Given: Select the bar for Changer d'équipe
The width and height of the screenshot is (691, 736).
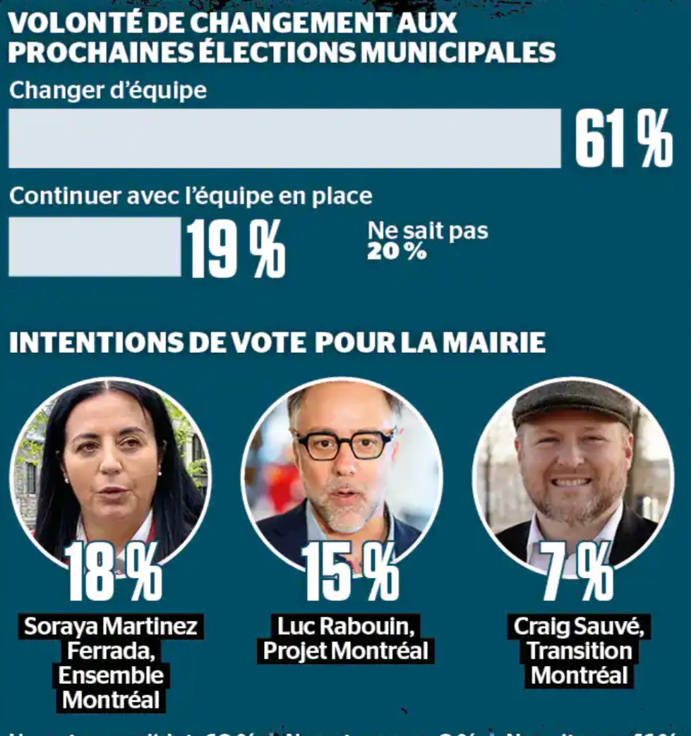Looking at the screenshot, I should pyautogui.click(x=284, y=138).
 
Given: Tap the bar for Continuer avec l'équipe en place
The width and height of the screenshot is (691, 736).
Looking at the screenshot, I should pyautogui.click(x=95, y=246).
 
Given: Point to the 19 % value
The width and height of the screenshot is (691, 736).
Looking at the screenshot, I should pyautogui.click(x=236, y=248).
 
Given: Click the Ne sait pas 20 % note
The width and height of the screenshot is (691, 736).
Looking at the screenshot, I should pyautogui.click(x=426, y=241).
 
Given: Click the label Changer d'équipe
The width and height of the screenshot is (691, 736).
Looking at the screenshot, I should pyautogui.click(x=108, y=90).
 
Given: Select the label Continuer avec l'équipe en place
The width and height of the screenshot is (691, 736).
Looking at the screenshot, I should pyautogui.click(x=191, y=195).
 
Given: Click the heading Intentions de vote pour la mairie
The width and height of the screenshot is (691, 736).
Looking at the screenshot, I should pyautogui.click(x=277, y=342).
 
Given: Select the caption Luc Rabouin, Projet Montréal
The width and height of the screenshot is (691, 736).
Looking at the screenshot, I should pyautogui.click(x=345, y=639).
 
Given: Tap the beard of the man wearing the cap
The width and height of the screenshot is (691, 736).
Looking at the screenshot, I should pyautogui.click(x=572, y=505).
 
